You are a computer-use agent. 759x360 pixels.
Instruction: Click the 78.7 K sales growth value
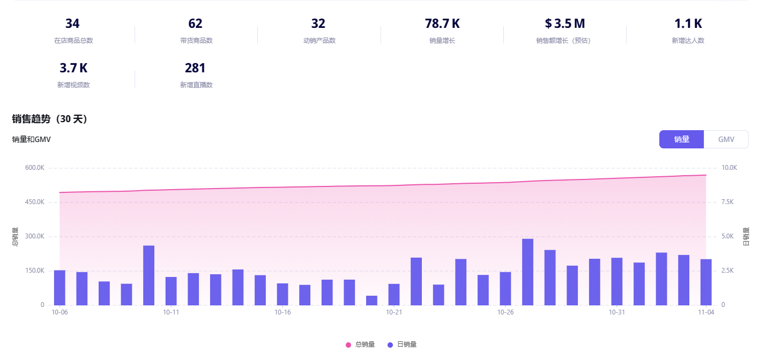[x=442, y=24]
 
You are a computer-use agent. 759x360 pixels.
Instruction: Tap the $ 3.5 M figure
[x=564, y=24]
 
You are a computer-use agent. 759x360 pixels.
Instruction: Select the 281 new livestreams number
[x=195, y=68]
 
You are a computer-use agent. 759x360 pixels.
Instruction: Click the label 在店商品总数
[x=73, y=41]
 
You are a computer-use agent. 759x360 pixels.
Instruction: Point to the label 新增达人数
[x=688, y=41]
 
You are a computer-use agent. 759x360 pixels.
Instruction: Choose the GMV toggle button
[x=726, y=139]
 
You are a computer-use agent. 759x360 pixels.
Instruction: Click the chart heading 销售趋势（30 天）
[x=49, y=119]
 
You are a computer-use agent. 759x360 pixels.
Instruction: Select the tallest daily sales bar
[x=527, y=272]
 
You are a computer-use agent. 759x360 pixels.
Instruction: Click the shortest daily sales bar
[x=371, y=301]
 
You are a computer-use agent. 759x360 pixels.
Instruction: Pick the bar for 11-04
[x=706, y=282]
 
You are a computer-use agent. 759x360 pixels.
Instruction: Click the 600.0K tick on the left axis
[x=34, y=168]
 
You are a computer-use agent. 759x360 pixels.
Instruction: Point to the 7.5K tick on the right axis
[x=730, y=202]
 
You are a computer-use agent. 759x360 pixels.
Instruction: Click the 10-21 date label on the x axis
[x=393, y=312]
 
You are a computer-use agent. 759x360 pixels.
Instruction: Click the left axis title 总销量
[x=15, y=236]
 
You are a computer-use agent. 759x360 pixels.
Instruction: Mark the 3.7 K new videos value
[x=73, y=68]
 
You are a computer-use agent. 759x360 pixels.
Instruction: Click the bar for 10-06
[x=59, y=288]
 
